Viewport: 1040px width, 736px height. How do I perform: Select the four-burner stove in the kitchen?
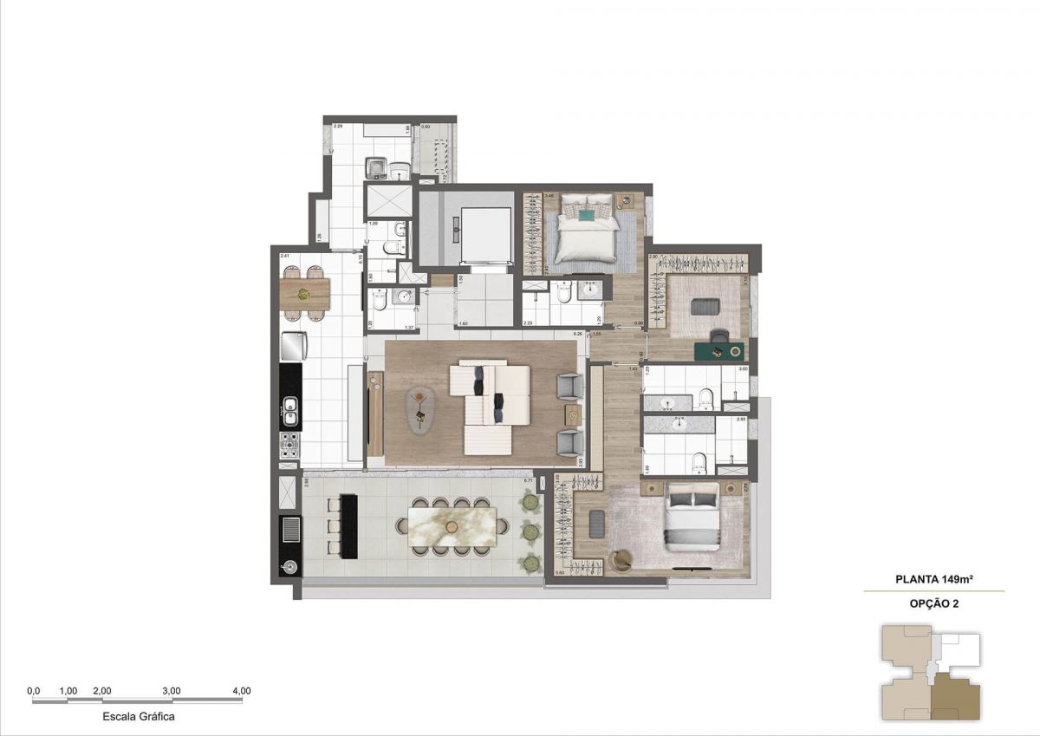point(289,446)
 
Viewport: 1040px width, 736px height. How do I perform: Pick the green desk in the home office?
point(720,350)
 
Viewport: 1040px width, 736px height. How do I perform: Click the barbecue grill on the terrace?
point(289,528)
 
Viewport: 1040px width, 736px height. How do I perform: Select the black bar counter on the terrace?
point(348,526)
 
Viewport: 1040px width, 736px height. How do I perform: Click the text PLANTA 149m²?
point(933,580)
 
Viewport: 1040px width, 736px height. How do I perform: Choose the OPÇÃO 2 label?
point(933,602)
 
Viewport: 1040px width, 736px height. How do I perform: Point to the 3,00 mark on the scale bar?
point(172,691)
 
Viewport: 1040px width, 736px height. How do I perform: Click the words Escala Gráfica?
point(139,717)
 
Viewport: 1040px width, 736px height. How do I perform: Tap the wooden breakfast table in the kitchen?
point(306,294)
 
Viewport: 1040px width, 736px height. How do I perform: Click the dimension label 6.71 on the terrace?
point(528,480)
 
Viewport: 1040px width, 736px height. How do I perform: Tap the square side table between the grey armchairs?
point(573,413)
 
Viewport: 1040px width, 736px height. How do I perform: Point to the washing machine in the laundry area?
point(377,166)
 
